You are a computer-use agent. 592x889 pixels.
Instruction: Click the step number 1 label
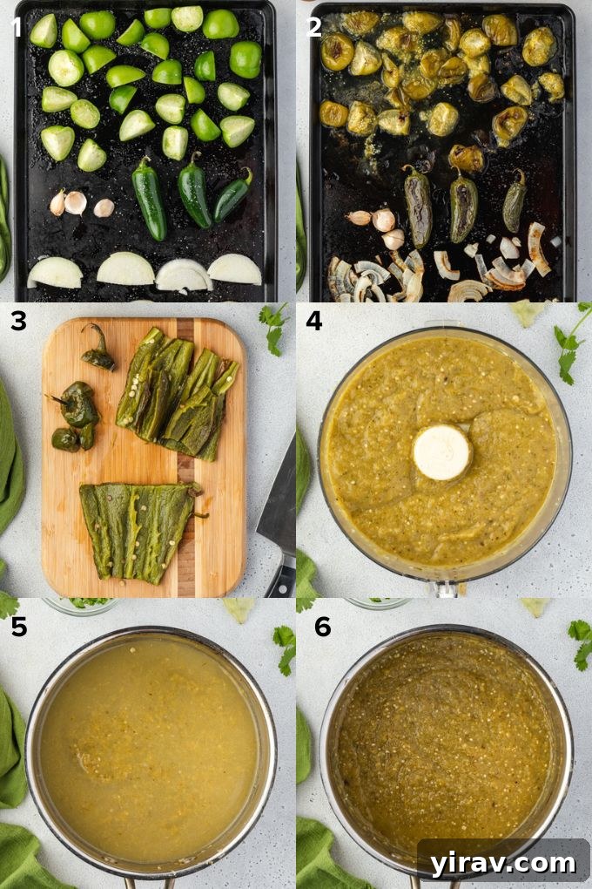pyautogui.click(x=16, y=27)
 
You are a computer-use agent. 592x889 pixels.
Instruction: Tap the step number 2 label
pyautogui.click(x=314, y=27)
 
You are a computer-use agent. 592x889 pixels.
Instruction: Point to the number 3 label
pyautogui.click(x=18, y=322)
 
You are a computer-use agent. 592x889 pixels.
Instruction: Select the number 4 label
pyautogui.click(x=314, y=322)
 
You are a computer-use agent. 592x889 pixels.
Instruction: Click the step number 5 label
pyautogui.click(x=18, y=627)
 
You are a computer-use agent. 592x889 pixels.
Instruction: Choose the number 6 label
pyautogui.click(x=323, y=627)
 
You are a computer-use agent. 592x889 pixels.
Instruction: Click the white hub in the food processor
pyautogui.click(x=441, y=452)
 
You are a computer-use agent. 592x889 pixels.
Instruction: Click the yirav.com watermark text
pyautogui.click(x=503, y=863)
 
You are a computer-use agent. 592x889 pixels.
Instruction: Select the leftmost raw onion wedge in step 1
pyautogui.click(x=55, y=273)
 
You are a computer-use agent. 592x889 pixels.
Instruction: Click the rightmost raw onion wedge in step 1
pyautogui.click(x=234, y=269)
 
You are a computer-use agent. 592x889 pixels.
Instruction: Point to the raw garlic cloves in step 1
pyautogui.click(x=78, y=204)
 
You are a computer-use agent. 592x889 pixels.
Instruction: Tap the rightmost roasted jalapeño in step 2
pyautogui.click(x=514, y=201)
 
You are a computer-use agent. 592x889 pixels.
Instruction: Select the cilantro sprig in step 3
pyautogui.click(x=273, y=327)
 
